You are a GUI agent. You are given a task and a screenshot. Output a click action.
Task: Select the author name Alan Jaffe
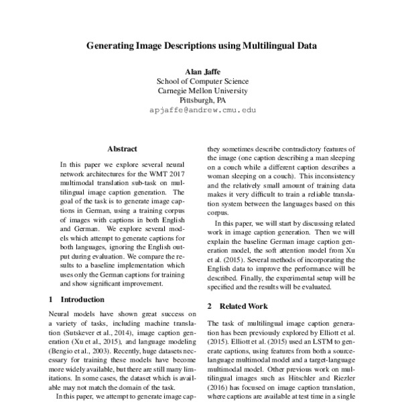point(202,70)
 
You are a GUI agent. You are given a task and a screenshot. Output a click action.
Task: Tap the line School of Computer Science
point(202,80)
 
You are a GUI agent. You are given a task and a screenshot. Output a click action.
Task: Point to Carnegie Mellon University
point(202,90)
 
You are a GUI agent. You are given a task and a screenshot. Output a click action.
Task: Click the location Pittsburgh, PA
point(202,100)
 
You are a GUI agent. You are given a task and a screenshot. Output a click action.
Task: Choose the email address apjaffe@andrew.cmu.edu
point(202,111)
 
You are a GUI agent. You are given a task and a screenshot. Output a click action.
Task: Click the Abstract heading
point(122,148)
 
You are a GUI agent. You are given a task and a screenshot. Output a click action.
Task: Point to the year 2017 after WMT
point(182,173)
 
